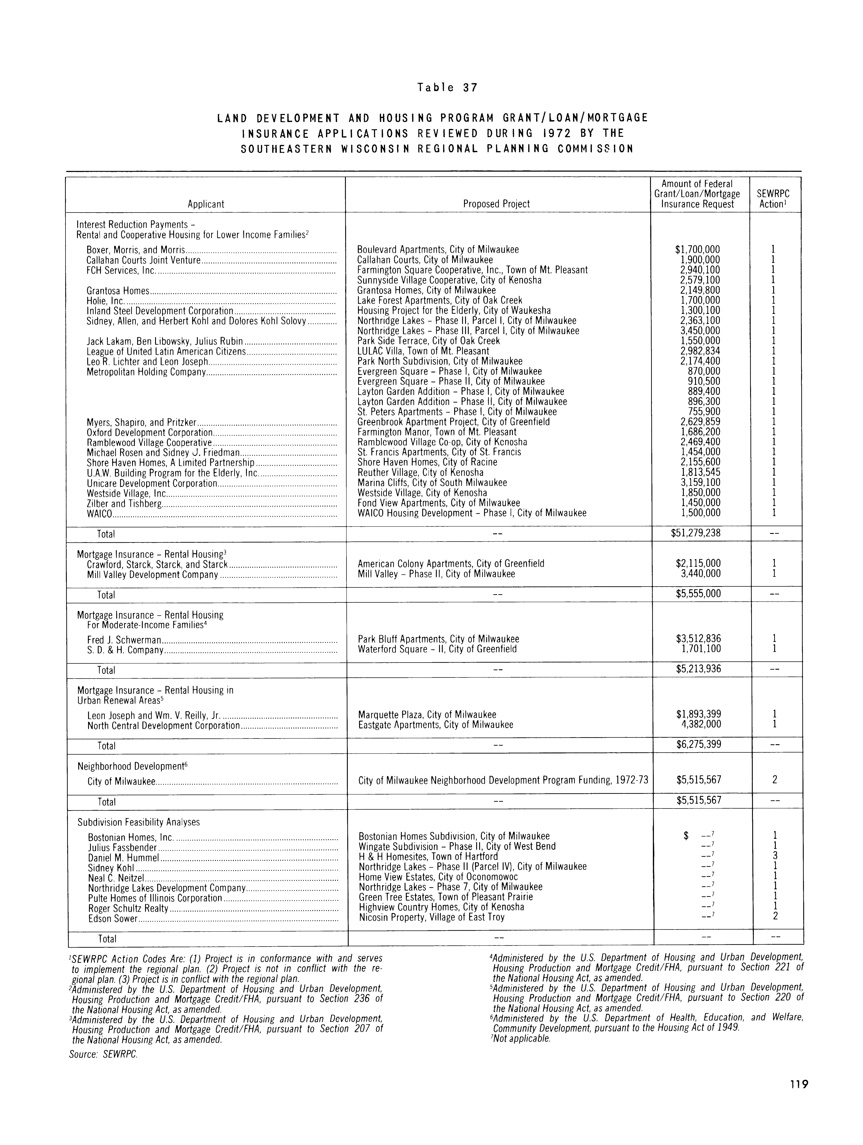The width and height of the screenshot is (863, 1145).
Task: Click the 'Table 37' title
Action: pos(447,87)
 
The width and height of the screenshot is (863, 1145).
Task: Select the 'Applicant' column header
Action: pos(206,204)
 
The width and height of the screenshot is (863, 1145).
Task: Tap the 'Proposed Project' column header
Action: pos(496,204)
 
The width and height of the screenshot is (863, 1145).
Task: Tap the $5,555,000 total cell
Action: pos(698,594)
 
